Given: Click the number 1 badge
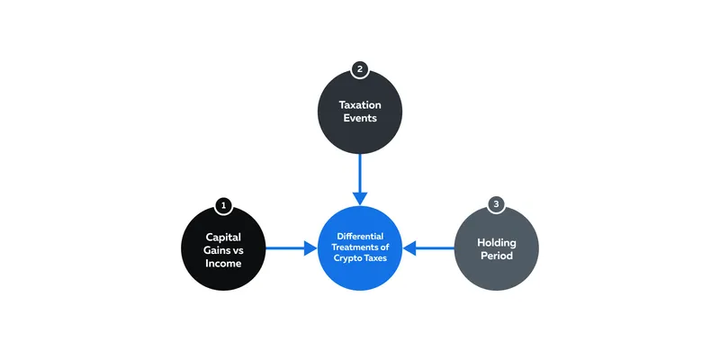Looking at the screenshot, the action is (x=223, y=206).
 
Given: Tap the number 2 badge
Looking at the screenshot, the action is (x=360, y=70).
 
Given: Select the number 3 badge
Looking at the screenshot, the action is (x=497, y=204).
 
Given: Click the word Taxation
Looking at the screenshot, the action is (x=360, y=104).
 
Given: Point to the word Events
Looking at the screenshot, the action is (x=360, y=118).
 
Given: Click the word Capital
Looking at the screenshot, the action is (x=223, y=238).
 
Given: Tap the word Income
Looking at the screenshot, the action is (x=223, y=264).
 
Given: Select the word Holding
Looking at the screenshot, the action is (x=497, y=242).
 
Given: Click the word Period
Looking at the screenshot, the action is (x=497, y=256).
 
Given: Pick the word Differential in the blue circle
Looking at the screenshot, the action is (x=360, y=237).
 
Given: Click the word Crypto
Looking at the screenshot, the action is (x=347, y=258).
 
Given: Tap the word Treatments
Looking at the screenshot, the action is (x=355, y=247).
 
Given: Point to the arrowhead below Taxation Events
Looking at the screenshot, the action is (x=360, y=198).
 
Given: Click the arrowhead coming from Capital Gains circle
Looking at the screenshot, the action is (x=310, y=248).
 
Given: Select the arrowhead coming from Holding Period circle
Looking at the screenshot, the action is (x=409, y=248).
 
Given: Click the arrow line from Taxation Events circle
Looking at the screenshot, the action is (x=360, y=173).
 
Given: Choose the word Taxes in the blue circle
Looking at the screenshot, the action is (x=375, y=258).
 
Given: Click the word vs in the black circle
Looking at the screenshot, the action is (x=238, y=251).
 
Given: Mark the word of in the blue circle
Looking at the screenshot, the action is (x=385, y=247).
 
